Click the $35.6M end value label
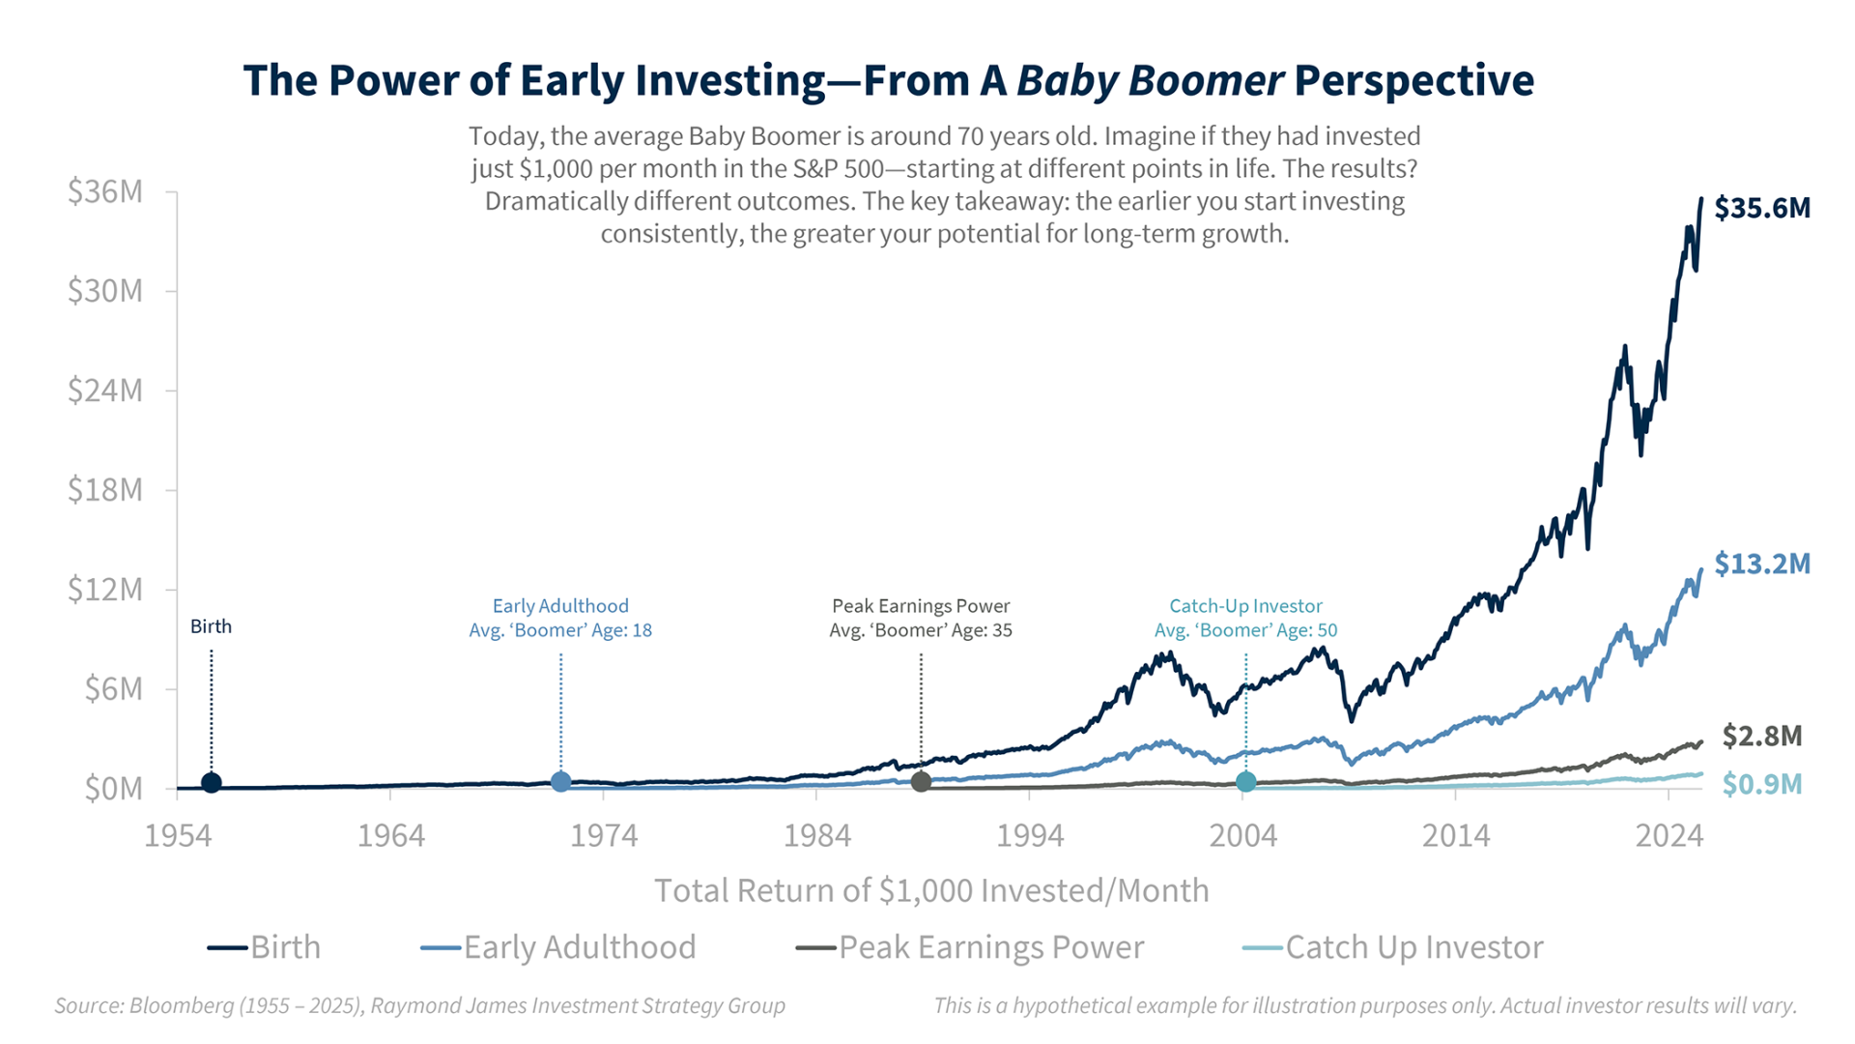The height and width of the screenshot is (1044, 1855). click(1761, 208)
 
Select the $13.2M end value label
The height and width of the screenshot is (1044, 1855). click(1761, 564)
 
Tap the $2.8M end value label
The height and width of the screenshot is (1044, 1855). click(1761, 736)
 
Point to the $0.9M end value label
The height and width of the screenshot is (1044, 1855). click(1761, 784)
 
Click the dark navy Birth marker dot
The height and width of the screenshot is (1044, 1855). click(212, 782)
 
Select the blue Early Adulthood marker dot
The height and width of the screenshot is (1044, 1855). click(560, 781)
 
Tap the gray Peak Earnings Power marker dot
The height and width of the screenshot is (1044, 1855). click(921, 781)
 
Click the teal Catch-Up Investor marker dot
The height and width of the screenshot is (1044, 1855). click(1245, 781)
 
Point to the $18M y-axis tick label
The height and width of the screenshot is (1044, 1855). click(104, 490)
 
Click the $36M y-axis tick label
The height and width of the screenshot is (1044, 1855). click(104, 191)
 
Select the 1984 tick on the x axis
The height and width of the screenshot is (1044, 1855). click(816, 835)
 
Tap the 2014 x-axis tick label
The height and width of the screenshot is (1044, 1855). click(1455, 835)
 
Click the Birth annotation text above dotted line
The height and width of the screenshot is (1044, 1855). click(211, 626)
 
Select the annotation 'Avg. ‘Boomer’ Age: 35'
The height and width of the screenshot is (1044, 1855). click(921, 630)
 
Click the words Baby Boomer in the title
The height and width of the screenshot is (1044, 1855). click(1150, 80)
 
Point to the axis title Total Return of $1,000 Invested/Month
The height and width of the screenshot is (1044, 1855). click(931, 890)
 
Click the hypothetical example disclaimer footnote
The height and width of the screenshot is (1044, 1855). click(1364, 1005)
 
